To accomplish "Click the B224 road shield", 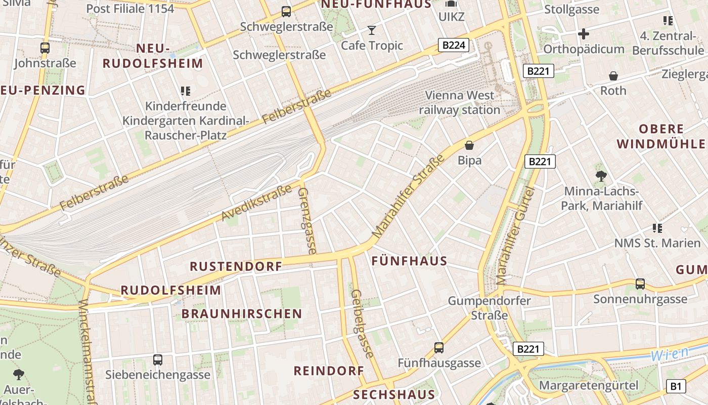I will tap(453, 46).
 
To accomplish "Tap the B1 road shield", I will tap(676, 386).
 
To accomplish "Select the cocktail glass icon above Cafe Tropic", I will tap(372, 30).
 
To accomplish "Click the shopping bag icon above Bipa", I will tap(469, 146).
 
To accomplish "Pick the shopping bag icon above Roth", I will tap(613, 76).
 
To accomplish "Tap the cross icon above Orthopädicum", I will tap(584, 34).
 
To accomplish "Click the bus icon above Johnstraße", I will tap(45, 48).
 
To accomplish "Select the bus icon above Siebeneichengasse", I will tap(158, 360).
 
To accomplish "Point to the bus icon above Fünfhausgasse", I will tap(439, 348).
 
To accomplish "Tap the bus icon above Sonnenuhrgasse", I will tap(640, 284).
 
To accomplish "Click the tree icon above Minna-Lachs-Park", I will tap(601, 176).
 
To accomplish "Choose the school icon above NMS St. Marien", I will tap(657, 228).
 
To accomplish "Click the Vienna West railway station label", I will tap(459, 102).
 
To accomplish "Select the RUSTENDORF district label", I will tap(236, 266).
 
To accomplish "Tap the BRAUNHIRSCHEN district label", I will tap(242, 314).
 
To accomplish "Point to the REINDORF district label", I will tap(329, 371).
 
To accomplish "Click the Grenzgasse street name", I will tap(307, 221).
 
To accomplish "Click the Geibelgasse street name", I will tap(362, 324).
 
